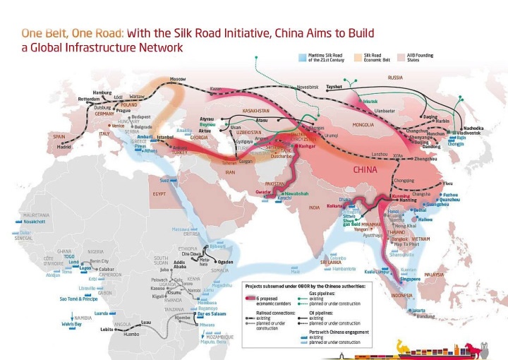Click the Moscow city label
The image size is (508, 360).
click(177, 78)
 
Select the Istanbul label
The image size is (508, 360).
click(165, 136)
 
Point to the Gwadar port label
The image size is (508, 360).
click(263, 192)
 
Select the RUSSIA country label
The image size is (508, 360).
click(395, 78)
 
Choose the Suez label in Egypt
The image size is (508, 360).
click(164, 180)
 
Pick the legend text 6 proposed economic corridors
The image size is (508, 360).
click(275, 301)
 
